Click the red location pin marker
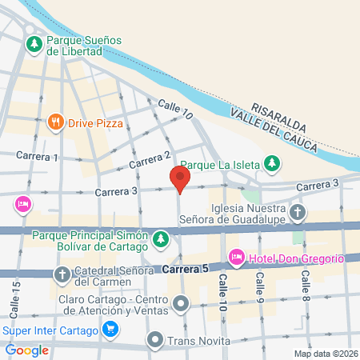pos(180,179)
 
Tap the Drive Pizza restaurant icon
pos(55,122)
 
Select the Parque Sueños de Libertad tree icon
pos(34,44)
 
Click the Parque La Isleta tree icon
pos(272,164)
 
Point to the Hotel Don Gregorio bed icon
pos(236,258)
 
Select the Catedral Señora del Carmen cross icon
pos(62,274)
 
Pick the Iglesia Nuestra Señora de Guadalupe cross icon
pos(298,212)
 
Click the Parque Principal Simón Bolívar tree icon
pos(161,238)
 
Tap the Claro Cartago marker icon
pos(182,303)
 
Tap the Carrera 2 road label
pos(150,160)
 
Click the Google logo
pos(26,350)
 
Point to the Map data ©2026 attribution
pos(325,354)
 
